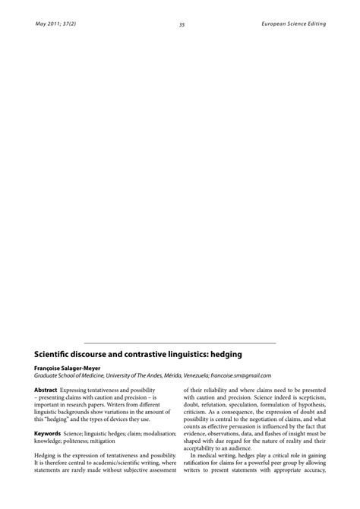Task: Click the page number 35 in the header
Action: point(182,25)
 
